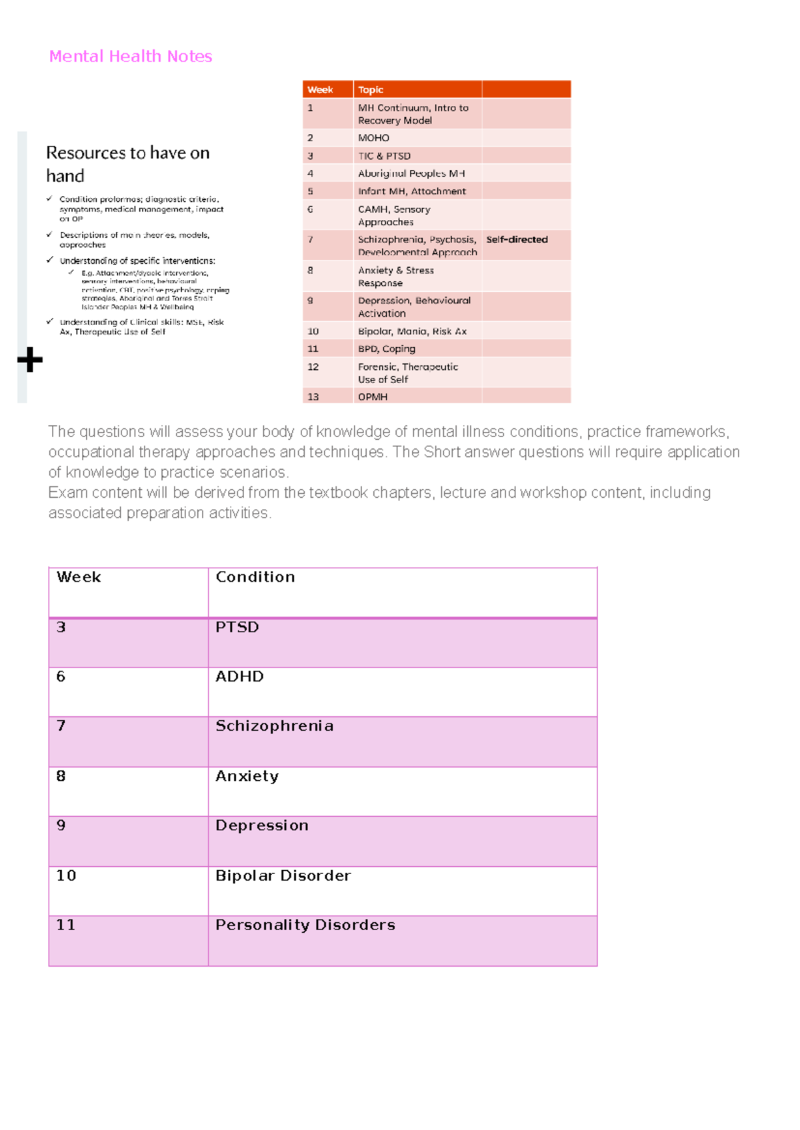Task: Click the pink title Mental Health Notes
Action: pos(131,57)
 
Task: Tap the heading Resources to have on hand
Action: pos(127,164)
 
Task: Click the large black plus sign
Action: pos(30,360)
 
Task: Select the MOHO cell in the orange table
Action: pos(373,138)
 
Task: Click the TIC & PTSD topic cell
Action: pos(384,156)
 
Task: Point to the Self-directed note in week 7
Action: pos(517,239)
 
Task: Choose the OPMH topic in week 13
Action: pos(373,396)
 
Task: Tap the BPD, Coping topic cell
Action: pos(387,348)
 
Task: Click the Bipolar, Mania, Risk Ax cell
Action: pos(412,331)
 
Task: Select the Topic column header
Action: pos(371,90)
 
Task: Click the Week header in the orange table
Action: pos(320,90)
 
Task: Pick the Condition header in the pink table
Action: pos(255,577)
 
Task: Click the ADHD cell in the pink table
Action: pos(239,676)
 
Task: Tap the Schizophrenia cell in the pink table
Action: pos(274,726)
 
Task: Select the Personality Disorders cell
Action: pos(305,925)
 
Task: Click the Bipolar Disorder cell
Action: pos(283,875)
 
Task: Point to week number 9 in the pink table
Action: pos(61,826)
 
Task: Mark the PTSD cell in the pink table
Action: pos(237,627)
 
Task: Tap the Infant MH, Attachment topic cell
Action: pos(411,191)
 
